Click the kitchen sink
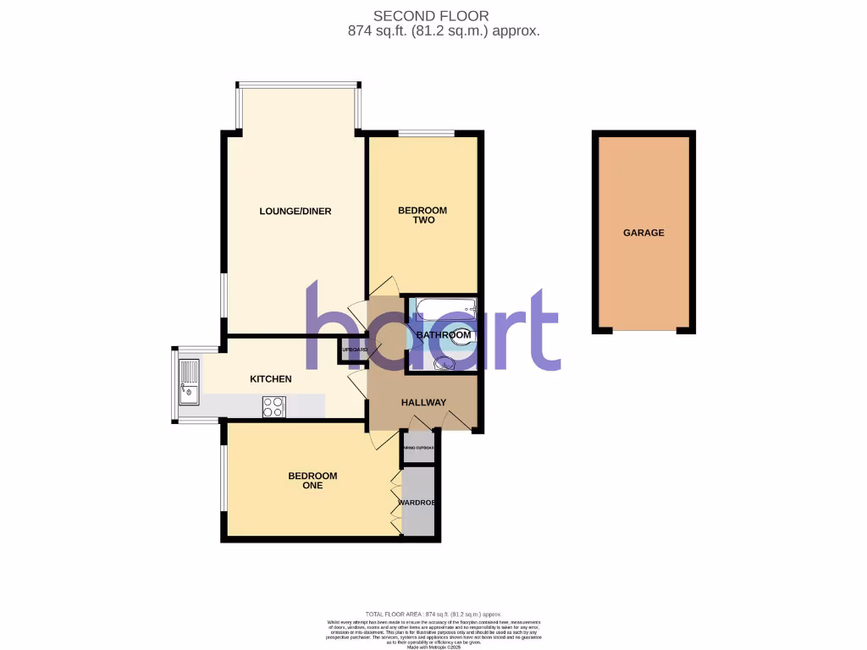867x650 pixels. click(189, 382)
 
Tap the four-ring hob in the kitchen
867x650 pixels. click(274, 406)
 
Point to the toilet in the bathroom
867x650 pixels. click(463, 337)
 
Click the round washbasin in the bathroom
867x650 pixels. click(442, 364)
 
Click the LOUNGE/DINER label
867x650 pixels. click(295, 211)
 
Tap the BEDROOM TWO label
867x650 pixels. click(422, 215)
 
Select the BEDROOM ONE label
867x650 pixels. click(312, 481)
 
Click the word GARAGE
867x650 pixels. click(643, 233)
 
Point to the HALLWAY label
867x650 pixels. click(423, 402)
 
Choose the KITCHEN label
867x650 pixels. click(270, 379)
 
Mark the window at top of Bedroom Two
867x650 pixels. click(426, 133)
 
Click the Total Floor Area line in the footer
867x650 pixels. click(433, 614)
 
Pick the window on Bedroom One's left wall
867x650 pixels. click(224, 478)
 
